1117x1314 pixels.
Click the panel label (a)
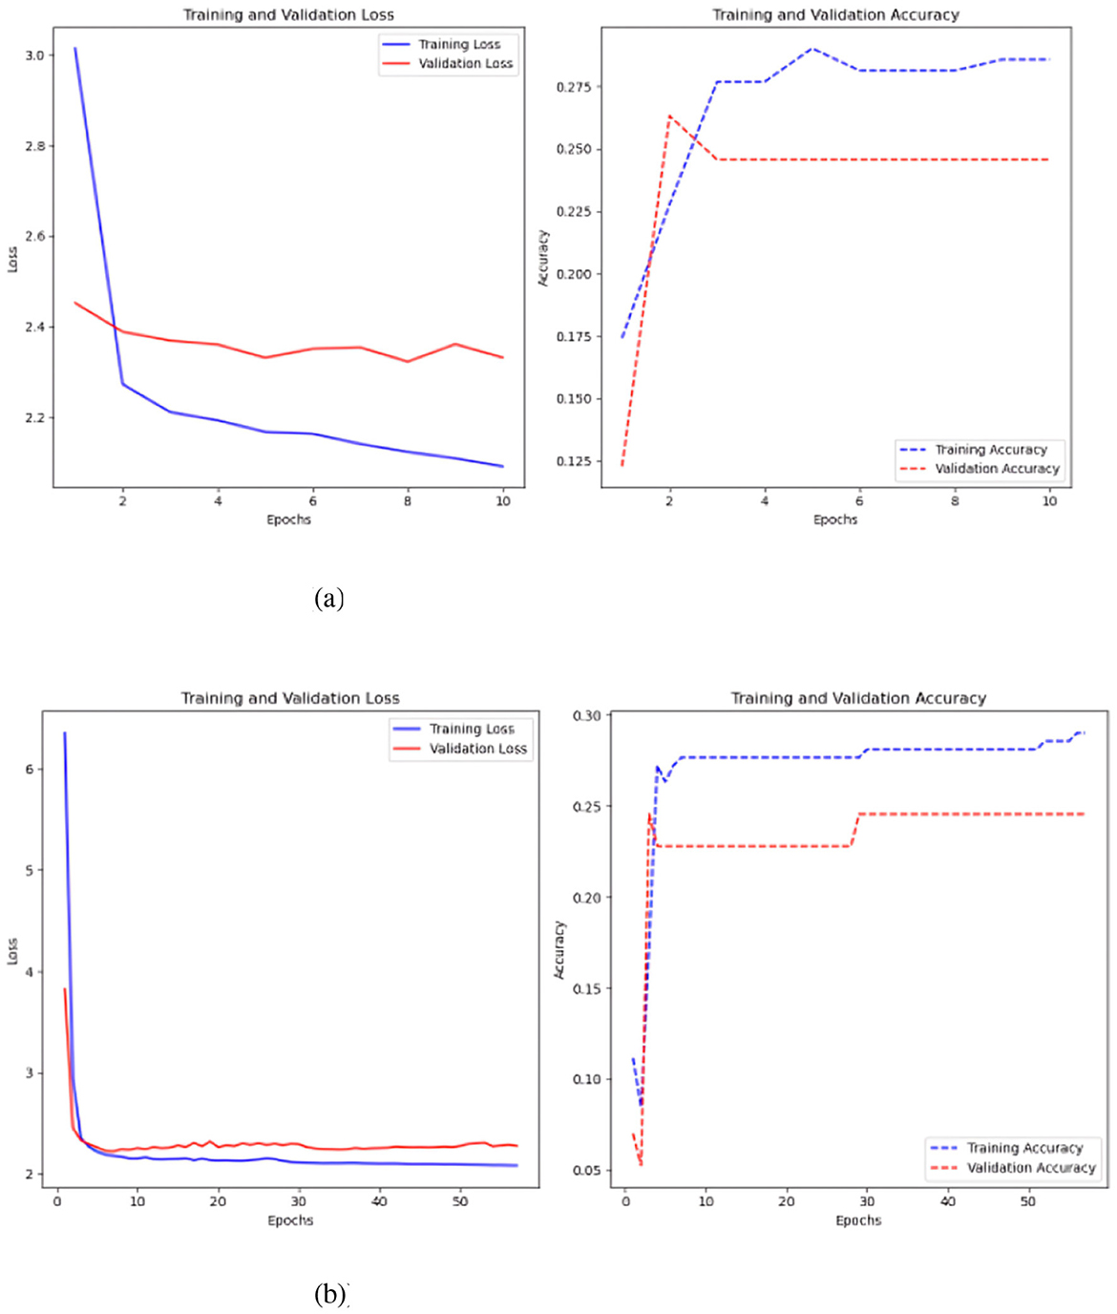pyautogui.click(x=328, y=599)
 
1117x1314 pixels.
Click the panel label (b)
pyautogui.click(x=330, y=1294)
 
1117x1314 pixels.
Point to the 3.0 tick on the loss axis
pyautogui.click(x=33, y=55)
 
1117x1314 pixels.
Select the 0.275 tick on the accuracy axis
pyautogui.click(x=573, y=87)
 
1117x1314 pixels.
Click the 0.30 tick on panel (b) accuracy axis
pyautogui.click(x=586, y=715)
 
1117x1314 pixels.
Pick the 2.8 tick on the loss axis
pyautogui.click(x=33, y=146)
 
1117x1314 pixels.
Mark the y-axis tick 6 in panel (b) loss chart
pyautogui.click(x=30, y=769)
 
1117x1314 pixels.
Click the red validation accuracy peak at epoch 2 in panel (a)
pyautogui.click(x=669, y=116)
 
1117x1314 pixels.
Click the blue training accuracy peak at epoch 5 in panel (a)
pyautogui.click(x=812, y=48)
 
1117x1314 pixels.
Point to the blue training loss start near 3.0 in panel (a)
pyautogui.click(x=75, y=49)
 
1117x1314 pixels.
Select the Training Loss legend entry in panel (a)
pyautogui.click(x=458, y=44)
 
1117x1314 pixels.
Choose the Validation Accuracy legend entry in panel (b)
pyautogui.click(x=1030, y=1168)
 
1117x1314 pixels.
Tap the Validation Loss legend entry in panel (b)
pyautogui.click(x=477, y=749)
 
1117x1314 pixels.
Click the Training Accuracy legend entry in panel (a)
pyautogui.click(x=990, y=449)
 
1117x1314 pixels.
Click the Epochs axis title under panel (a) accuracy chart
pyautogui.click(x=835, y=519)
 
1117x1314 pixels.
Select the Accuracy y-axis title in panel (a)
pyautogui.click(x=543, y=258)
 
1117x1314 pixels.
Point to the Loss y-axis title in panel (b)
pyautogui.click(x=12, y=951)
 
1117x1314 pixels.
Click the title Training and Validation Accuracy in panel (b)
pyautogui.click(x=858, y=698)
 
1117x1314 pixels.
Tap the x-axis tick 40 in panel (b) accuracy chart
pyautogui.click(x=948, y=1201)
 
